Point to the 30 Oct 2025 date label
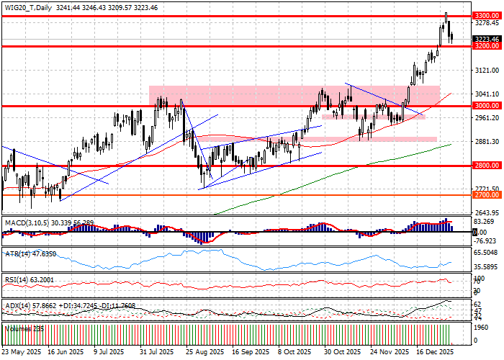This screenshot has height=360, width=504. (x=341, y=353)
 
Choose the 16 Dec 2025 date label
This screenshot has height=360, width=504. (x=435, y=353)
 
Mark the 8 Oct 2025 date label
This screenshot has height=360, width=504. (x=294, y=353)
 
